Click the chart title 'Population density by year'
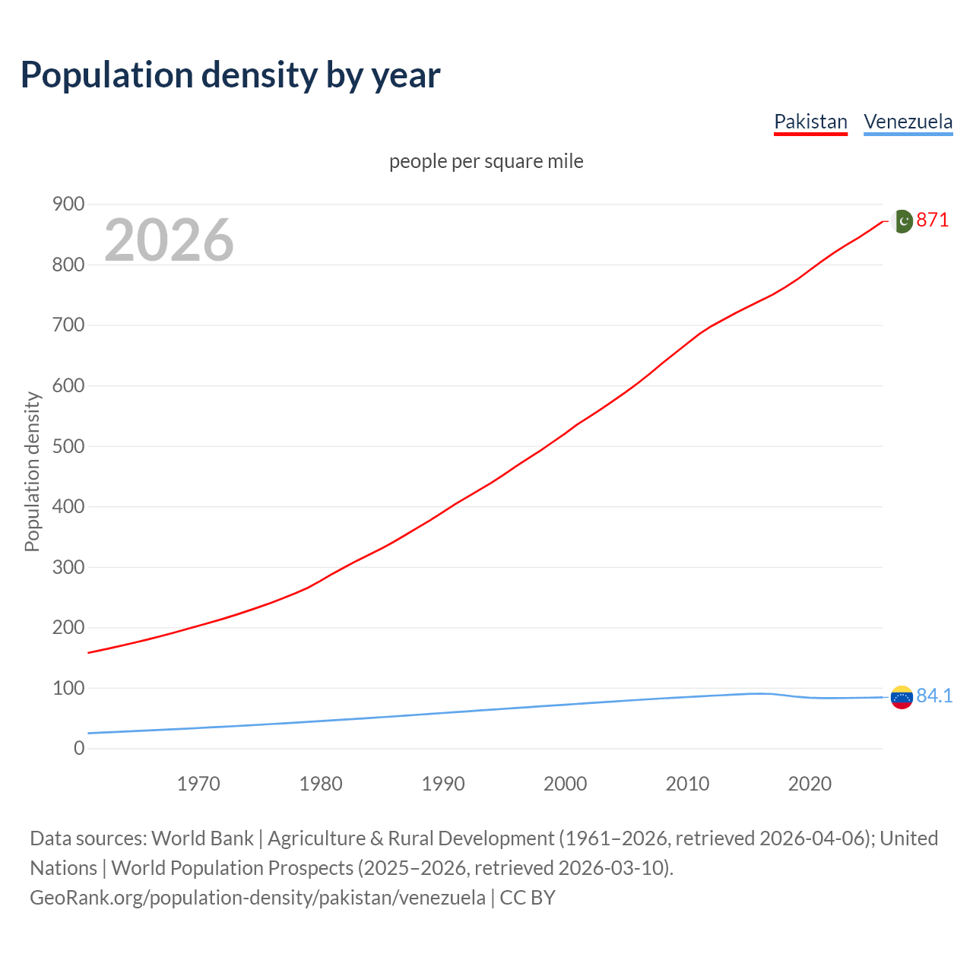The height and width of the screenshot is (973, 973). coord(230,74)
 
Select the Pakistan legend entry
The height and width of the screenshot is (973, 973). coord(810,122)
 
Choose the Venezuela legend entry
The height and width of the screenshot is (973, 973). coord(908,122)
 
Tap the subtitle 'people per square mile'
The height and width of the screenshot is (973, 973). coord(486,161)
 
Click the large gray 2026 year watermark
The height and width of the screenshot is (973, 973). coord(169,240)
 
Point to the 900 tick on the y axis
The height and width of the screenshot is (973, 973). coord(68,204)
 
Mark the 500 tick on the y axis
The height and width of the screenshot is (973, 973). coord(68,446)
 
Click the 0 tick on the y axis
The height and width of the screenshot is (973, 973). coord(79,748)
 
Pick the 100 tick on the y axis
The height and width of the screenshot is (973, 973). coord(68,688)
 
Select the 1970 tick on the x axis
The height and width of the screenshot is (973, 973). coord(198,784)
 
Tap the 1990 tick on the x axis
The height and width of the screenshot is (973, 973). coord(443,784)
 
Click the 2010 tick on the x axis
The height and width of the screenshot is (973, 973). coord(687,784)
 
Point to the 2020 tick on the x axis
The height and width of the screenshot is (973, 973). coord(810,784)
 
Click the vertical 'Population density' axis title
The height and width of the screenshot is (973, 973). coord(32,471)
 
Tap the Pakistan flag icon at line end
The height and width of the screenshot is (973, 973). coord(902,220)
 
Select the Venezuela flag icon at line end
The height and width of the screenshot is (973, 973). coord(902,696)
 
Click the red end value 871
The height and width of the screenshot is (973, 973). coord(933,220)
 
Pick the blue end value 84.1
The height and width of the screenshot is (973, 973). coord(934,696)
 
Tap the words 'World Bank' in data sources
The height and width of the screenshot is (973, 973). coord(202,838)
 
